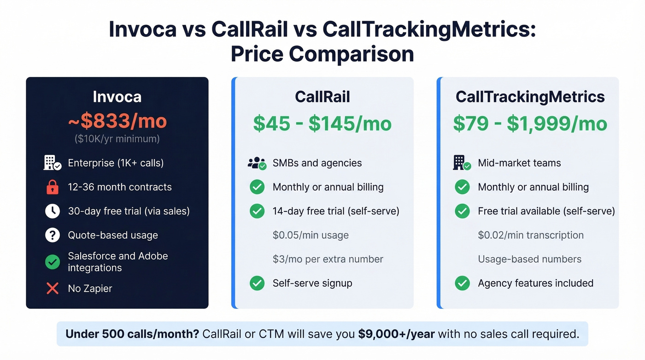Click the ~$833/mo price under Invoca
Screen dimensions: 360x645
(117, 121)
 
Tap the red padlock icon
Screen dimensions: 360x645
(53, 187)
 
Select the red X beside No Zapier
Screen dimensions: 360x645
(53, 289)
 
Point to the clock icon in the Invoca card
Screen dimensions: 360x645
(53, 211)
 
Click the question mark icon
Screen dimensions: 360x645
(53, 235)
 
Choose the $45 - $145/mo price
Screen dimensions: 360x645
(322, 124)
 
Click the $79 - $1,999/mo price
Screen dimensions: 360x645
(530, 124)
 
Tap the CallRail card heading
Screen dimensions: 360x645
(322, 97)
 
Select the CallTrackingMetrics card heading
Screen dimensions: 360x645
(530, 97)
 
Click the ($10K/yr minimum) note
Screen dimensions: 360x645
(117, 138)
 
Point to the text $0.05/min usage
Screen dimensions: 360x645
(311, 235)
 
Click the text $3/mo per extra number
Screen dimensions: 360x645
(328, 259)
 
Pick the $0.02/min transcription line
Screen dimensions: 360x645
(531, 235)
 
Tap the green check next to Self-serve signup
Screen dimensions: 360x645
(257, 283)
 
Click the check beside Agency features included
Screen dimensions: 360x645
(462, 283)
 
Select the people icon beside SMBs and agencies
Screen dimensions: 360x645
(257, 163)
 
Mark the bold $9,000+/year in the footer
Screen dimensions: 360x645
(396, 334)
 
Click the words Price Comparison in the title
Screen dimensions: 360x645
(322, 54)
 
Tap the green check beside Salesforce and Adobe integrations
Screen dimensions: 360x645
(53, 262)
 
